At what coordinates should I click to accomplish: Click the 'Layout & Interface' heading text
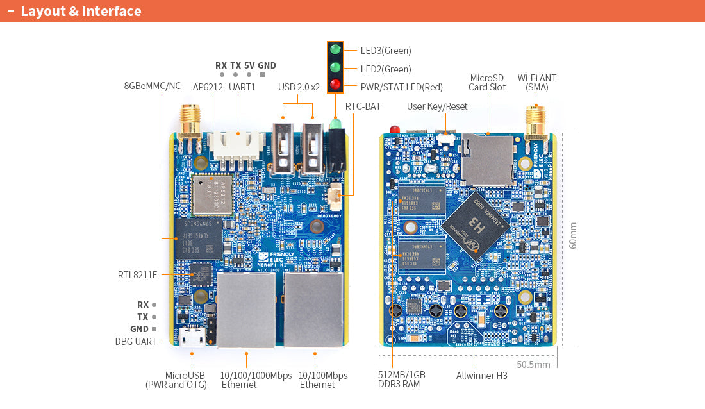coord(81,12)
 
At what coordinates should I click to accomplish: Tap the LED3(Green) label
coord(386,51)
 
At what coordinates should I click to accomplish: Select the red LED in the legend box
coord(335,85)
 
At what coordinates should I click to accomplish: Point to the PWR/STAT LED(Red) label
coord(401,87)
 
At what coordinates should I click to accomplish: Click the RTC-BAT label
coord(363,106)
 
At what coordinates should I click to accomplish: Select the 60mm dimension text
coord(573,235)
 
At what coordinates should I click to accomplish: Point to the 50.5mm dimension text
coord(533,365)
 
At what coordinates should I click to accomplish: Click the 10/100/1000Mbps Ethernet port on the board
coord(246,310)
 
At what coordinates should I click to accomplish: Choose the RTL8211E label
coord(137,275)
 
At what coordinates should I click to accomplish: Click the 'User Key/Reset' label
coord(437,106)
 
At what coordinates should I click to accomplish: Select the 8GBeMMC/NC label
coord(153,86)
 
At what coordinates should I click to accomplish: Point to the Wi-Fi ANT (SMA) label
coord(537,83)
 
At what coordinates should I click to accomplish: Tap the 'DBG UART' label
coord(136,342)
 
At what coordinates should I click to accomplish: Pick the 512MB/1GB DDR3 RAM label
coord(401,380)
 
